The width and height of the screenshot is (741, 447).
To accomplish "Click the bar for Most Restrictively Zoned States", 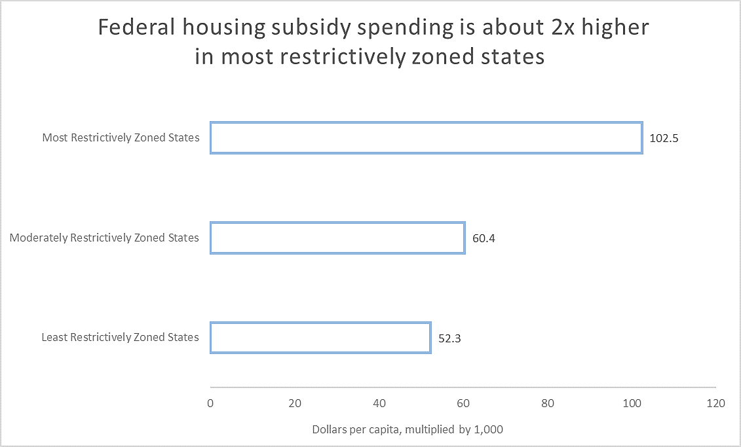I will pyautogui.click(x=426, y=138).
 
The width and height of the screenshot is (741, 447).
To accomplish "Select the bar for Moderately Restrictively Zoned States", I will pyautogui.click(x=337, y=238).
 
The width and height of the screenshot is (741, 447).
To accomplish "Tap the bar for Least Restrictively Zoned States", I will pyautogui.click(x=320, y=338).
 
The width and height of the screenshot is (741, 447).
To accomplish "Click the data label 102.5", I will pyautogui.click(x=664, y=139).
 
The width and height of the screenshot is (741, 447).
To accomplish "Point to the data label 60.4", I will pyautogui.click(x=484, y=238).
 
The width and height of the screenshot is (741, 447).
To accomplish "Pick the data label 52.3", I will pyautogui.click(x=449, y=338).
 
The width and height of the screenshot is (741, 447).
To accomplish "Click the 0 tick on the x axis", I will pyautogui.click(x=210, y=403).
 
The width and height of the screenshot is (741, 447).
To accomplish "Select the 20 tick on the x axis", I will pyautogui.click(x=295, y=403).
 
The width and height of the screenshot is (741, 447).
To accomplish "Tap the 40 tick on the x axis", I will pyautogui.click(x=379, y=403).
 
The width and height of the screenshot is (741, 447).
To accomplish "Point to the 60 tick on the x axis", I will pyautogui.click(x=463, y=403).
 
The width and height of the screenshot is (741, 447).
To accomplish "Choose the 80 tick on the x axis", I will pyautogui.click(x=548, y=403).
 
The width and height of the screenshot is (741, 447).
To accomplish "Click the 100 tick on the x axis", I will pyautogui.click(x=632, y=403).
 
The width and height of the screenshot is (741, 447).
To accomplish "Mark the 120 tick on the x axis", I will pyautogui.click(x=716, y=403).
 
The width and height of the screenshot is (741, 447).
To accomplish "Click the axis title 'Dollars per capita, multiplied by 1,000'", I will pyautogui.click(x=407, y=429).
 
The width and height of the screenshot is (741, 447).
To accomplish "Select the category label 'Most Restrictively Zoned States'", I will pyautogui.click(x=121, y=138).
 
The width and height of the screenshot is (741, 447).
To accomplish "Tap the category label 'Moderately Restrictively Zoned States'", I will pyautogui.click(x=104, y=238).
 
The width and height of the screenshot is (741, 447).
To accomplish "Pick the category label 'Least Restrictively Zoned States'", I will pyautogui.click(x=120, y=338).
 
